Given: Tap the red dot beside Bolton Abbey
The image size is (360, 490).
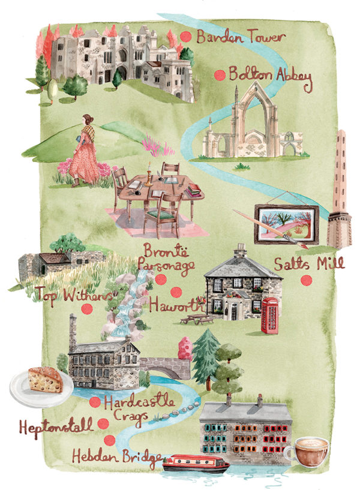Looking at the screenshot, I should click(220, 75).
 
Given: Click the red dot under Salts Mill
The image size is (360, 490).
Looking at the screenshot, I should click(306, 279).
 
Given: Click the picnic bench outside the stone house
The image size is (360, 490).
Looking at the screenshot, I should click(198, 318).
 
